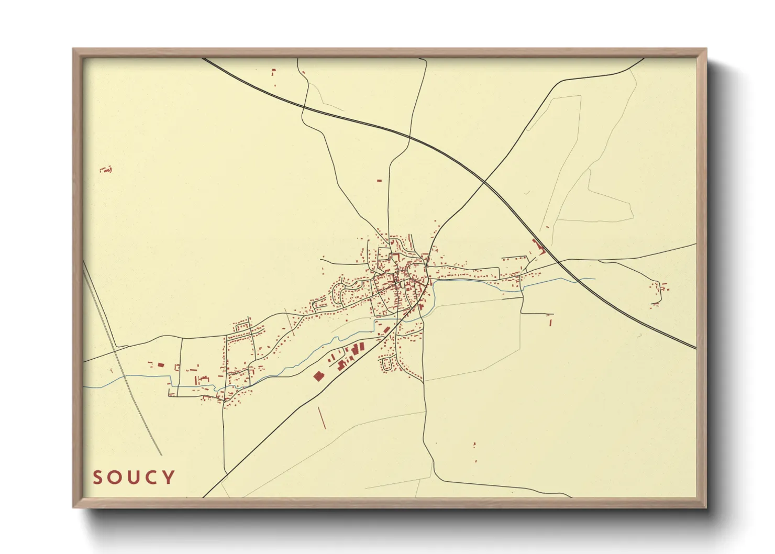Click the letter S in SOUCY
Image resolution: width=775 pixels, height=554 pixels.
[x=98, y=478]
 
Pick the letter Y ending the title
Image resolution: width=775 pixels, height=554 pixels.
[x=168, y=478]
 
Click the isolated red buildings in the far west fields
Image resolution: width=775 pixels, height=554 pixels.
[x=106, y=170]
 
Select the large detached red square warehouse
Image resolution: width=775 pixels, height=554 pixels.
[x=318, y=375]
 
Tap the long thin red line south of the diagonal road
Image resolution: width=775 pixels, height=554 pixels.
[x=322, y=417]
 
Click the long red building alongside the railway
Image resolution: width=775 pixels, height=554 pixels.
[x=538, y=246]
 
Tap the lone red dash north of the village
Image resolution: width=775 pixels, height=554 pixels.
[x=379, y=181]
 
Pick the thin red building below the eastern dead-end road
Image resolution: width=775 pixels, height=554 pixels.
[x=550, y=322]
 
